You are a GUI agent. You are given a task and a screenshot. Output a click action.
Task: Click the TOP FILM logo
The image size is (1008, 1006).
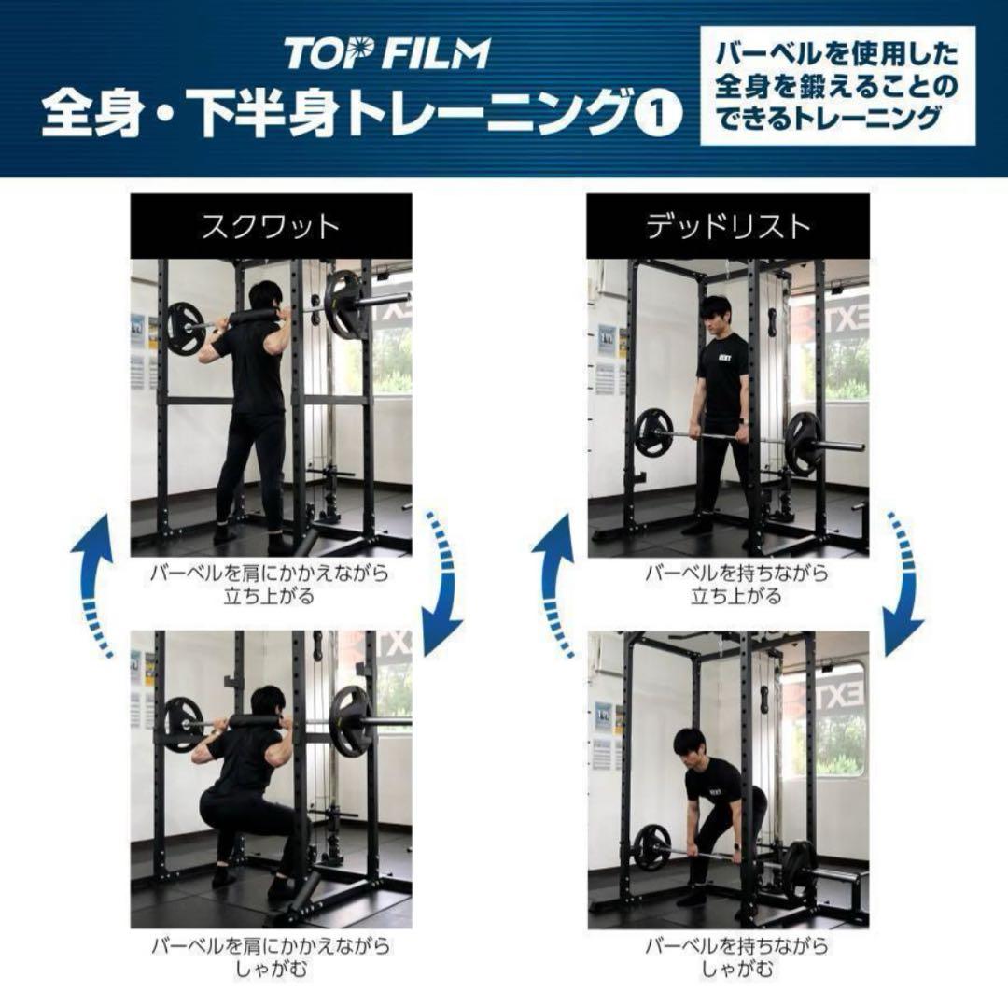point(387,53)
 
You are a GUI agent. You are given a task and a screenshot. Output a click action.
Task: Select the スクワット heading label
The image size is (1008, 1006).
point(271,226)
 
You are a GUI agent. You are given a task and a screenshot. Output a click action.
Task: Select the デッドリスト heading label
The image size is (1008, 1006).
point(728,226)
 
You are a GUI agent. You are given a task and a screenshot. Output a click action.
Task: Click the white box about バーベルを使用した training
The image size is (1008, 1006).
point(837,86)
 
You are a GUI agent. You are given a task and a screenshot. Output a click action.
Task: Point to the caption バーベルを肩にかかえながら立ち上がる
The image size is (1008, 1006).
point(270,584)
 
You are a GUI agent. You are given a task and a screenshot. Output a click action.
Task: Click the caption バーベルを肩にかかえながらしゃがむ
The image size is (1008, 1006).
point(271,956)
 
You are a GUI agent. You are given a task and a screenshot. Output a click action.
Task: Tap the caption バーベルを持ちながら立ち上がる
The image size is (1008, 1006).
point(736,584)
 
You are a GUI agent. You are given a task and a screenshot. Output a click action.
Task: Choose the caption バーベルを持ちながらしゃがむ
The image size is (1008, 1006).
point(736,956)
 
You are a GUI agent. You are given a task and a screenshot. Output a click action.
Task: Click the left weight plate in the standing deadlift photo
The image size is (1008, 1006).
point(653,435)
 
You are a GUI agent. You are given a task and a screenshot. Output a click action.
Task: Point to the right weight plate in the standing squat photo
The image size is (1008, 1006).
point(344,305)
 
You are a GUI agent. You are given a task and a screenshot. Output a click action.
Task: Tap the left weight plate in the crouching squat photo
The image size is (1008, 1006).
point(183,725)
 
